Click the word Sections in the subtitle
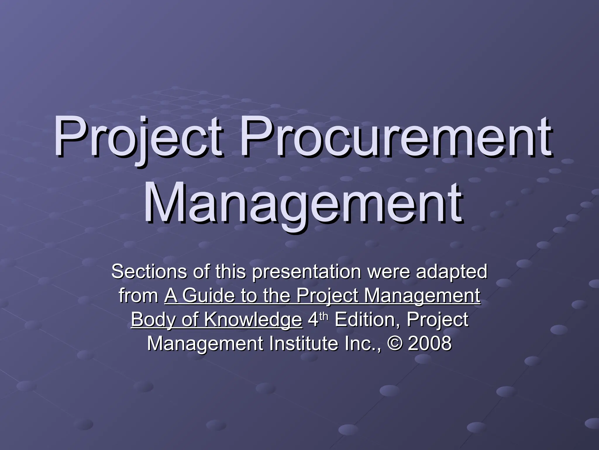149,271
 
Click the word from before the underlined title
139,296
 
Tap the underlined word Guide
209,296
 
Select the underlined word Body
153,320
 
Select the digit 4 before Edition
313,320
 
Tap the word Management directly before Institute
205,344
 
